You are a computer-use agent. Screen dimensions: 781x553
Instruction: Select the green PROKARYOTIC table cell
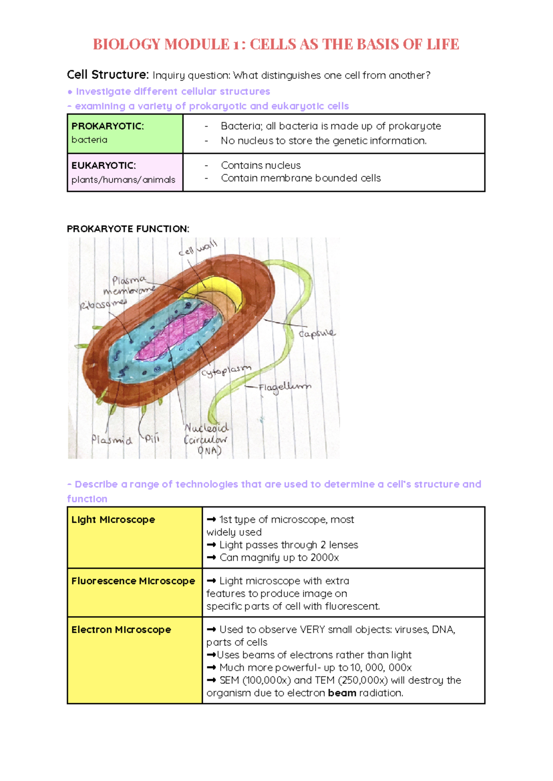(x=125, y=133)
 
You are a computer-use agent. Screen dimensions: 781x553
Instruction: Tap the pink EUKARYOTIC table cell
(x=125, y=173)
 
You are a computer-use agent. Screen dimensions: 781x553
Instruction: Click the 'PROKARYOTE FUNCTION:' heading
(x=128, y=229)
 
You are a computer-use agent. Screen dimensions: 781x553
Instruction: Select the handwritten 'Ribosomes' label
(x=103, y=304)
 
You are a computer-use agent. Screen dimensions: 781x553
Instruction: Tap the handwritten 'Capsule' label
(x=317, y=333)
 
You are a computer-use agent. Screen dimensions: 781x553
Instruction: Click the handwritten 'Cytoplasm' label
(x=226, y=370)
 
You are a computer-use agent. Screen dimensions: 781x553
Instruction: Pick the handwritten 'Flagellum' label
(x=284, y=387)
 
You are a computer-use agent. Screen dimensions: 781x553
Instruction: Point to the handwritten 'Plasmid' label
(x=112, y=440)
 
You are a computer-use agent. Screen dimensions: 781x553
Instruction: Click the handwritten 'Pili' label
(x=152, y=438)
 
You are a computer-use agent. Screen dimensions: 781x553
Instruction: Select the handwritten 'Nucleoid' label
(x=206, y=428)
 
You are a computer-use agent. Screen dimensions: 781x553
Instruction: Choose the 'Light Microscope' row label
(x=113, y=520)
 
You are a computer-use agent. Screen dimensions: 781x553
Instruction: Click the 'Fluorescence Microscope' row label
(x=133, y=581)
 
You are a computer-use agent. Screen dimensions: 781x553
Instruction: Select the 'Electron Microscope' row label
(x=121, y=630)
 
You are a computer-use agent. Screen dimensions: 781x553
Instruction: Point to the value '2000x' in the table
(x=324, y=558)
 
